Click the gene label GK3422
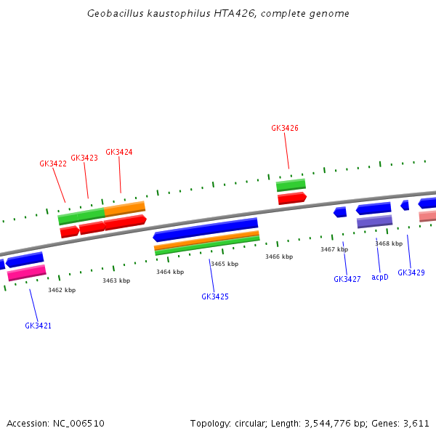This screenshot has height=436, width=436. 53,164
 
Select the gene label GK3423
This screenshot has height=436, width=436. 84,158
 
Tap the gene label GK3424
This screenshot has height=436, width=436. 119,153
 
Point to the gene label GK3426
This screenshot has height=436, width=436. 285,129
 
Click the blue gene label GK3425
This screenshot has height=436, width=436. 215,296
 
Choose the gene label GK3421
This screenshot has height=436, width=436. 39,326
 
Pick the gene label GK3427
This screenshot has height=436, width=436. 347,280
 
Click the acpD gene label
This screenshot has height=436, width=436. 380,277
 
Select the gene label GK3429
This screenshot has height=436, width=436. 411,273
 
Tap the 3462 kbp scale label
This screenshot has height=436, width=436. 62,290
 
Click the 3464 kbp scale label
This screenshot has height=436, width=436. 170,272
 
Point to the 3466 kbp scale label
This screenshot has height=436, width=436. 279,257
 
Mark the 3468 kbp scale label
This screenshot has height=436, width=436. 389,243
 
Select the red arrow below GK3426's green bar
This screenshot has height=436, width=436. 291,198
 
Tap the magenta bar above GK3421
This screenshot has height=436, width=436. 27,272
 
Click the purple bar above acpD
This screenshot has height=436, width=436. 374,222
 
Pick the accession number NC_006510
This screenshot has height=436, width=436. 78,423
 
